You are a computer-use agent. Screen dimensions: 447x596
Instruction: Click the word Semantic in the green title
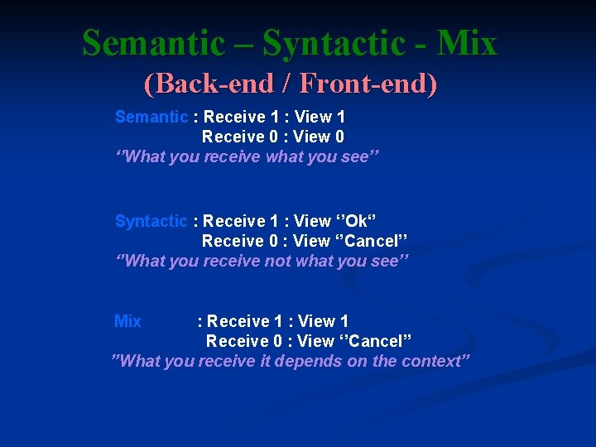[153, 43]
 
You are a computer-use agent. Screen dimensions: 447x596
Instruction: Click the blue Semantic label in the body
[151, 117]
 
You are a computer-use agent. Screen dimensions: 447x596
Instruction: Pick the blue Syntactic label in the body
[151, 221]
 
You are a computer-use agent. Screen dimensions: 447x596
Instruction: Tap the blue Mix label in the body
[128, 321]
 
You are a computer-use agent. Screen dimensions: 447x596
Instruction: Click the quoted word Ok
[356, 221]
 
